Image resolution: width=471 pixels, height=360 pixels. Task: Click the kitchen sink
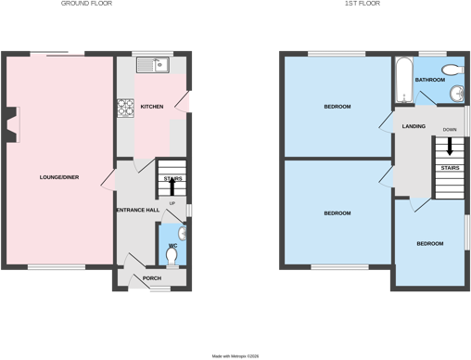[153, 65]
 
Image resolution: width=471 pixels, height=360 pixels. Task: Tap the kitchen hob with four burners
[125, 108]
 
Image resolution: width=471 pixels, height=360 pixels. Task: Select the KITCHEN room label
[152, 107]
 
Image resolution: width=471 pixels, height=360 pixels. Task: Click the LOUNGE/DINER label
[59, 177]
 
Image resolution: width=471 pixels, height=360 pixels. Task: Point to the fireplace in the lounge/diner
[12, 124]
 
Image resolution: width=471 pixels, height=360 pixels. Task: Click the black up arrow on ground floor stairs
[172, 186]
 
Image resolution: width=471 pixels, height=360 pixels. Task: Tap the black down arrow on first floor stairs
[450, 147]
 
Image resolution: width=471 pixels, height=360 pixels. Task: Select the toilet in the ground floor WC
[172, 257]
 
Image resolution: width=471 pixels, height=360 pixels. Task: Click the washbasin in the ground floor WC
[183, 234]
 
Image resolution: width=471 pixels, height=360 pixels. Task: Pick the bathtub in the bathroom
[404, 80]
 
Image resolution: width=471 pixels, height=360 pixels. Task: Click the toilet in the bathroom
[453, 70]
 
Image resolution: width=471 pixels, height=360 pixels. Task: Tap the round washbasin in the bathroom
[457, 94]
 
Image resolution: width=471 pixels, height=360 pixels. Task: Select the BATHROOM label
[430, 80]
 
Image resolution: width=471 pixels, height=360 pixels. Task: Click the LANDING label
[414, 126]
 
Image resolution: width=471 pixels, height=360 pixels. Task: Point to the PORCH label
[152, 278]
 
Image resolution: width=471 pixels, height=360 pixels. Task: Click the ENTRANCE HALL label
[138, 210]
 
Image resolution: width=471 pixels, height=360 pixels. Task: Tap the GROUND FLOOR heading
[86, 4]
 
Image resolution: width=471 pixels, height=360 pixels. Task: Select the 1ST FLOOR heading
[363, 4]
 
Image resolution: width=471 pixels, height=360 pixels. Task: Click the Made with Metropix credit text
[235, 356]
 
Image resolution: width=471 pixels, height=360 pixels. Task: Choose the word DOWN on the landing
[450, 130]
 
